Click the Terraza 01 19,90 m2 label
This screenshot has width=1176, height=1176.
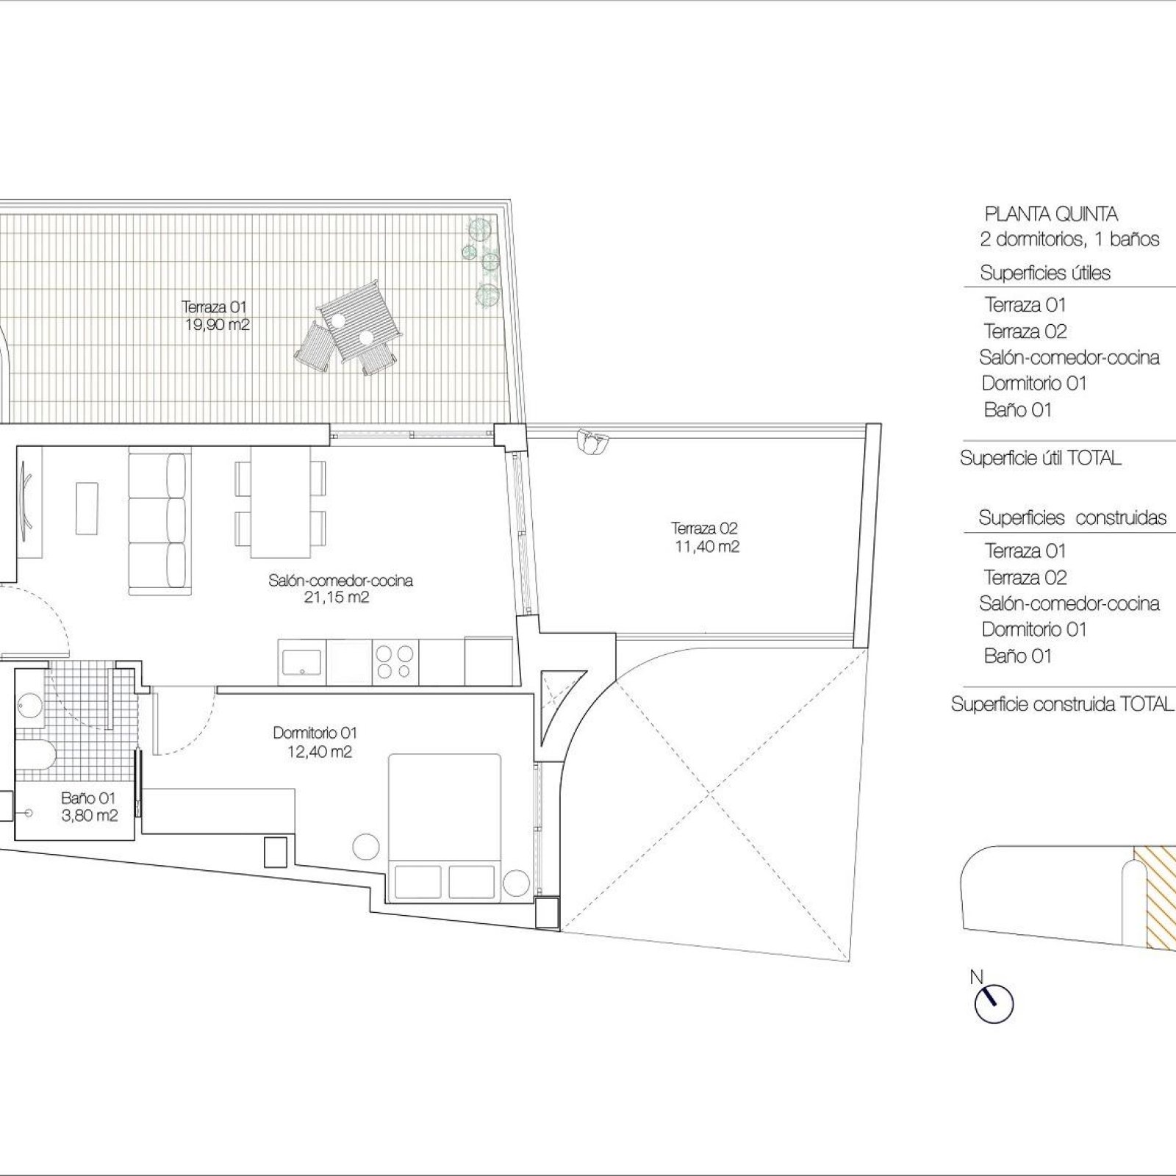coord(215,315)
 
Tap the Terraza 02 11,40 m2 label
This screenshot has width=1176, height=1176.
coord(705,537)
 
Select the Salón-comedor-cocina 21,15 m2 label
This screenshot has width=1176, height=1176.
coord(340,589)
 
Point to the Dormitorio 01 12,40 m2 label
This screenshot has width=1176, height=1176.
coord(315,742)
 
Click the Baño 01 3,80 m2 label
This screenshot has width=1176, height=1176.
coord(88,806)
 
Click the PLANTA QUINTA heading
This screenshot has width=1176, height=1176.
coord(1051,215)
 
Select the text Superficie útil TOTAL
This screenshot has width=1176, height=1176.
coord(1040,459)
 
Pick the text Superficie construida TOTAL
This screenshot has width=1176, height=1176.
coord(1062,704)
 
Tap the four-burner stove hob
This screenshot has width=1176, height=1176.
coord(395,661)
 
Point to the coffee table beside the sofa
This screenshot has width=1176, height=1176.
coord(87,508)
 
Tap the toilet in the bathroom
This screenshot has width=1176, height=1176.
coord(34,756)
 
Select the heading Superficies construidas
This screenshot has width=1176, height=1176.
coord(1072,517)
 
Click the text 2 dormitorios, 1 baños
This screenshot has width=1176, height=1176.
coord(1069,239)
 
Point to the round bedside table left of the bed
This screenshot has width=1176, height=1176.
coord(366,846)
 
